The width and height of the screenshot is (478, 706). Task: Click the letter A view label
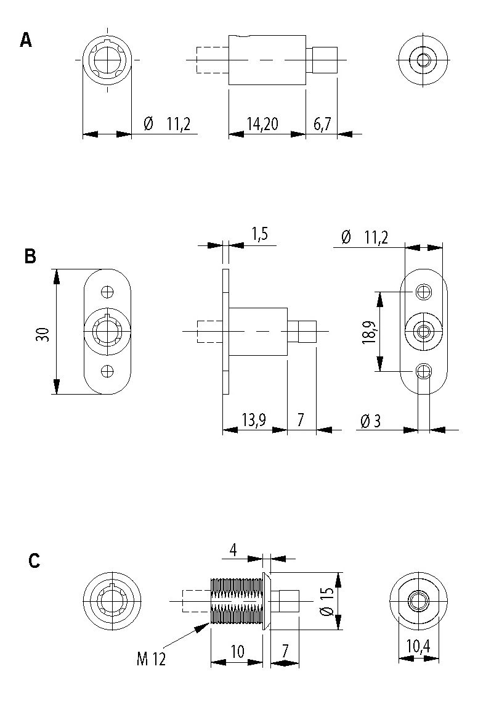point(26,41)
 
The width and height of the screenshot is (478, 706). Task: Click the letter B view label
point(30,256)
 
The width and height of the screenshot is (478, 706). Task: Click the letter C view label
point(34,560)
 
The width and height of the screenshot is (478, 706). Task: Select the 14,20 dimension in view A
point(262,124)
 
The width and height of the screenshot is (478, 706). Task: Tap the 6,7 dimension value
point(322,124)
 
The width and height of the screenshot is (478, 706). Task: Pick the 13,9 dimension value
point(253,421)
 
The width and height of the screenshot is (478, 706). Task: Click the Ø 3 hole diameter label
point(370,421)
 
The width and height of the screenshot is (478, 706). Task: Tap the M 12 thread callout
point(151,659)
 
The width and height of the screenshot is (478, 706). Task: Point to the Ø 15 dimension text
point(327,601)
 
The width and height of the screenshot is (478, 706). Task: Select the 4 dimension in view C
point(234,549)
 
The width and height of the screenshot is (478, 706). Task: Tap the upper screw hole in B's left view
point(108,291)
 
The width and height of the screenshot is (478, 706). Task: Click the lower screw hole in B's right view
point(423,371)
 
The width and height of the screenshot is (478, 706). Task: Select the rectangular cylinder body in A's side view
point(267,60)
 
